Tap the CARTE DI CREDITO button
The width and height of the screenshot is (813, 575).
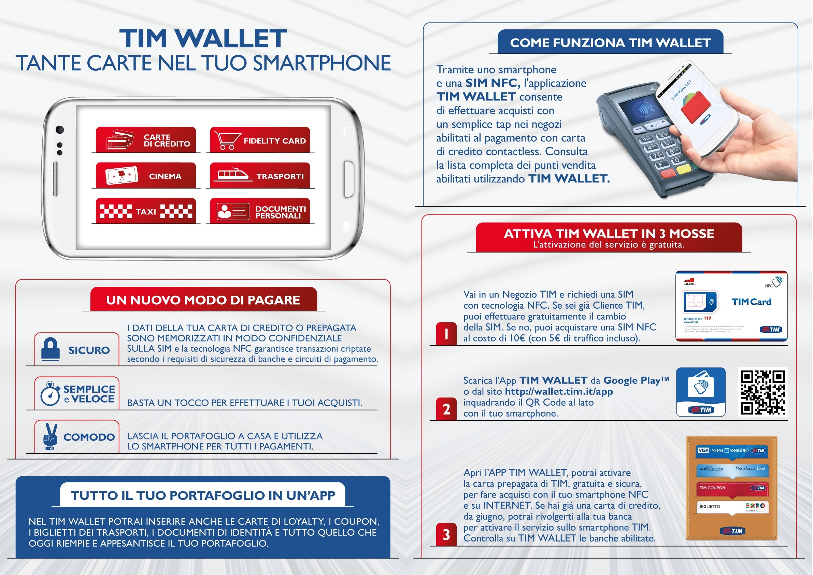click(145, 140)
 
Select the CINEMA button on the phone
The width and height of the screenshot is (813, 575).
click(145, 176)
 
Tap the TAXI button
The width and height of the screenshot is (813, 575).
click(145, 211)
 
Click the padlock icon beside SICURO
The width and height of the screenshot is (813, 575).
click(50, 349)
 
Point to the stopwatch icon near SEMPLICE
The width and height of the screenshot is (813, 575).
click(50, 394)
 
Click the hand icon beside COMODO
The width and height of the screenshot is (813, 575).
click(50, 436)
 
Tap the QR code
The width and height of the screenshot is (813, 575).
click(763, 392)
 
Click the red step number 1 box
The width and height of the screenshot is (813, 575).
click(446, 334)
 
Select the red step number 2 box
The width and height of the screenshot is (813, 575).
click(446, 409)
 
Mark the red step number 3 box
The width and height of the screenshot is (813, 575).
click(446, 535)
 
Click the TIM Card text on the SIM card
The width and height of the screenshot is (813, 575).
click(751, 302)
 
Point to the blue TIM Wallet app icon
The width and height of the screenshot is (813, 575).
click(701, 392)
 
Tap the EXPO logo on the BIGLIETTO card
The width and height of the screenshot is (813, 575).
click(755, 506)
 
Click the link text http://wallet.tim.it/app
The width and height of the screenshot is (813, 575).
click(559, 392)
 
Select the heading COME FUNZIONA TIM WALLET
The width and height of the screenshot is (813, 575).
click(610, 43)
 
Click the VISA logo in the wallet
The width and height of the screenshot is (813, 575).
click(703, 450)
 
